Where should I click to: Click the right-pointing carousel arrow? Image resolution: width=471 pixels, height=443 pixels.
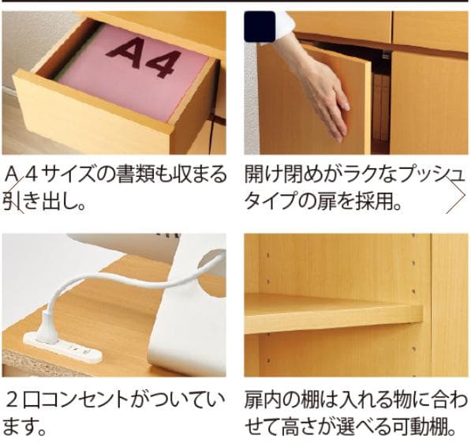(455, 196)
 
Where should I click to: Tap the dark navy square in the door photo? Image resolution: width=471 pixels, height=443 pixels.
(260, 27)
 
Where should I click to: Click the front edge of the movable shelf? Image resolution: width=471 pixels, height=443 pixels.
(334, 323)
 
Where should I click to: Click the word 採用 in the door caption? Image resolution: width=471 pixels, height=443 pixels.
(373, 201)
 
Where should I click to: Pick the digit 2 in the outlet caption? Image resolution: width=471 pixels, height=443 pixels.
(13, 401)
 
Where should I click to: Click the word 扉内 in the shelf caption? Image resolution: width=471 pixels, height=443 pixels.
(264, 401)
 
